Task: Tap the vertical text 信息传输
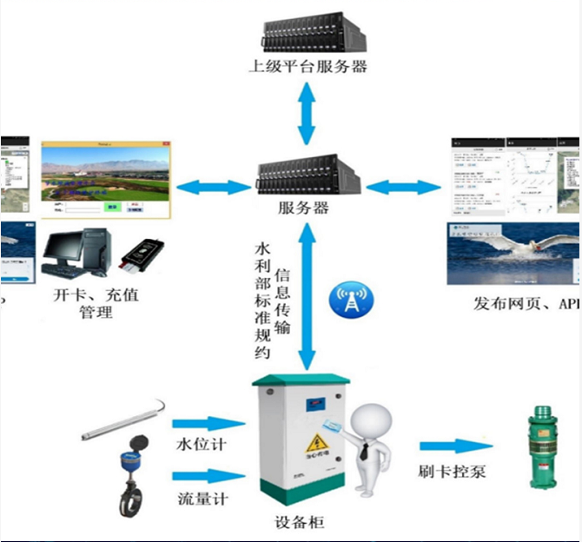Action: (282, 301)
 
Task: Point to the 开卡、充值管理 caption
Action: (96, 303)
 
